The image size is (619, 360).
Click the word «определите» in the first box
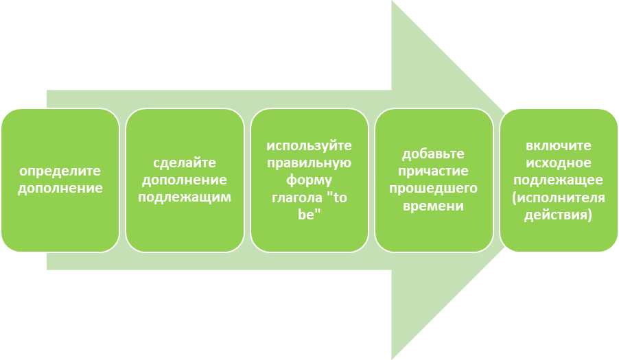[x=60, y=171]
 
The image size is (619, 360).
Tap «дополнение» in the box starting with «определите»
[x=60, y=188]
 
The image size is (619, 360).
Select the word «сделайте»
[x=185, y=163]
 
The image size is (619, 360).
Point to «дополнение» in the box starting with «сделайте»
[x=185, y=180]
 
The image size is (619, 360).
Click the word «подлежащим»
[x=185, y=197]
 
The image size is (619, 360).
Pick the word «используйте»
[x=309, y=146]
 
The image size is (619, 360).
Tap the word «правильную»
[x=309, y=163]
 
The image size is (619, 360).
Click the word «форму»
[x=309, y=180]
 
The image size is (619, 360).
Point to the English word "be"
[x=309, y=214]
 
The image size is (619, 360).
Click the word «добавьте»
[x=434, y=154]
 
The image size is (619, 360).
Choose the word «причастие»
[x=434, y=171]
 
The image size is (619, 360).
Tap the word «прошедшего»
[x=434, y=188]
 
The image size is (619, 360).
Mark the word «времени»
[x=434, y=205]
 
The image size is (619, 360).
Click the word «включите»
[x=559, y=146]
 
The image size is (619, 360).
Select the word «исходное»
[x=559, y=163]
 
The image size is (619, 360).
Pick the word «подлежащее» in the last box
[x=559, y=180]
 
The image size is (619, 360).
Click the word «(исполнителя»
[x=559, y=197]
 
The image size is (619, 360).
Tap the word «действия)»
[x=559, y=214]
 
